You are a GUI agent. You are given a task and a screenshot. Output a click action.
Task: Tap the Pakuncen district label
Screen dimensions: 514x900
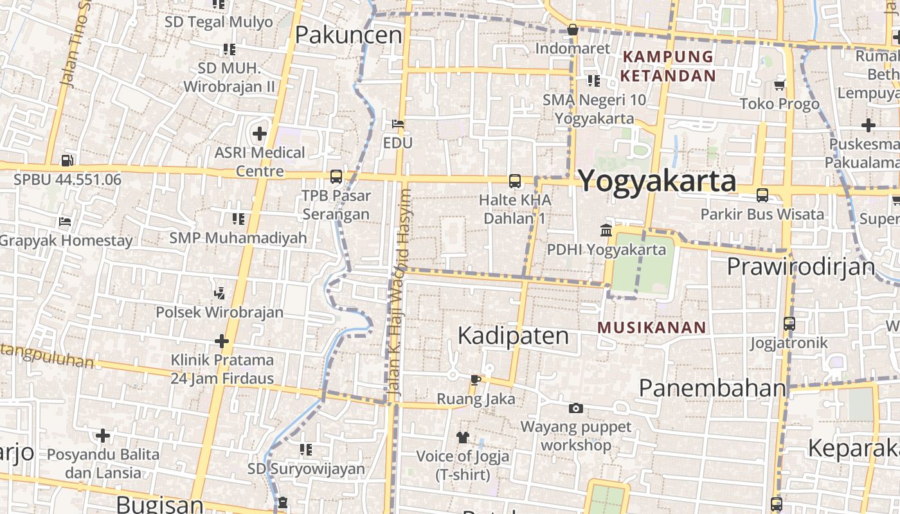[348, 35]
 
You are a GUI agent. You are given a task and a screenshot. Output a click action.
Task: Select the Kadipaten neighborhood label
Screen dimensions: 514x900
[513, 335]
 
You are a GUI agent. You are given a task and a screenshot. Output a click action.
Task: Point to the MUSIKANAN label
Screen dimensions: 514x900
[652, 328]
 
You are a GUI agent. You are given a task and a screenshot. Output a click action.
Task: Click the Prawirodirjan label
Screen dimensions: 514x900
[801, 266]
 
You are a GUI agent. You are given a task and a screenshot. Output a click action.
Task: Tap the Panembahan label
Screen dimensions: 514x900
[712, 388]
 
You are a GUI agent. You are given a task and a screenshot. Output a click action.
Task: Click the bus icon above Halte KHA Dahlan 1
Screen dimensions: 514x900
[514, 181]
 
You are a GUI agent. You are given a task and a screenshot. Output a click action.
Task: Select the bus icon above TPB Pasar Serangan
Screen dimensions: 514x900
[336, 177]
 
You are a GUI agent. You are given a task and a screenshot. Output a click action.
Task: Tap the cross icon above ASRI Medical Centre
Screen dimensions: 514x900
[260, 134]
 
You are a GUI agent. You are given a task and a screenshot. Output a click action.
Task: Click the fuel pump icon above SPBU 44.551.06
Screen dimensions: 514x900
[67, 161]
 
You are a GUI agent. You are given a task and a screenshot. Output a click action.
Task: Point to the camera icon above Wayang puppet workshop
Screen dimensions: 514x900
[576, 408]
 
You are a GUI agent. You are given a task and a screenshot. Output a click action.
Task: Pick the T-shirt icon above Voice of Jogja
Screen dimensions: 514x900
[463, 438]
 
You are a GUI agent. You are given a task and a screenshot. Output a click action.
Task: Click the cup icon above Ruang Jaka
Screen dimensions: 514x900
[475, 380]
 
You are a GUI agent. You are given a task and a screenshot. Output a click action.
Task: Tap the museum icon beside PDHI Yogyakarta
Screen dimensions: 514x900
[606, 230]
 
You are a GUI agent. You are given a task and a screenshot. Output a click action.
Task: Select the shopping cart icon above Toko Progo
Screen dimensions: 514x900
[780, 85]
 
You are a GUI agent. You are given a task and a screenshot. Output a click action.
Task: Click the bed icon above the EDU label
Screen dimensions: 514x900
[398, 123]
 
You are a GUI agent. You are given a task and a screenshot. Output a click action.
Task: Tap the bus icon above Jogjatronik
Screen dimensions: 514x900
[789, 324]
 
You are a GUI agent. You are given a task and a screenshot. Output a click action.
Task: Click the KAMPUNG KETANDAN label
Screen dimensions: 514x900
[668, 66]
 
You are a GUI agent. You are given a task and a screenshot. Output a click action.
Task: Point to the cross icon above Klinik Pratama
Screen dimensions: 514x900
[222, 341]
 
